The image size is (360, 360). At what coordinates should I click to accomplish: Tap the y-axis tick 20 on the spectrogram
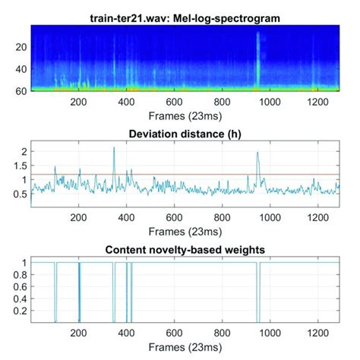(21, 46)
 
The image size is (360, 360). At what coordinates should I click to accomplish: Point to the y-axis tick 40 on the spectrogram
(21, 69)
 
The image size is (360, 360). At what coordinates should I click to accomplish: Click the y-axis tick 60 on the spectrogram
(21, 91)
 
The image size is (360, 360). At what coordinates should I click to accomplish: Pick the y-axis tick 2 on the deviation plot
(24, 152)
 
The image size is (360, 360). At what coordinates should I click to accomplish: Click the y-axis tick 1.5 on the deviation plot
(21, 166)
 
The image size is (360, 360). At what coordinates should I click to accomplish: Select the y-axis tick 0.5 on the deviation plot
(21, 194)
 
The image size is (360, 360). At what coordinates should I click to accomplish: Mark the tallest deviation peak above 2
(114, 148)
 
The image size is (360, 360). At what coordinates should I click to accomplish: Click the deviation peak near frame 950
(257, 153)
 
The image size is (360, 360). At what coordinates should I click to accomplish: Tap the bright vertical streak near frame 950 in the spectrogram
(258, 61)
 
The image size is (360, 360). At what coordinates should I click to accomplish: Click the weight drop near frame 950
(258, 296)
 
